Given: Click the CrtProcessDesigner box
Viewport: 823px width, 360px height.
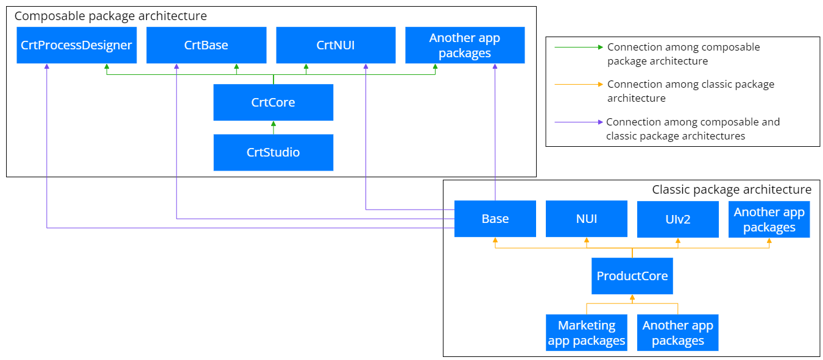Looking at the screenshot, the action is point(76,45).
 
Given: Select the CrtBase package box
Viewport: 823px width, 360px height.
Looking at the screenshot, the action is point(206,45).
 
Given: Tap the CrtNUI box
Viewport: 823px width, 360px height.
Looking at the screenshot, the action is point(336,45).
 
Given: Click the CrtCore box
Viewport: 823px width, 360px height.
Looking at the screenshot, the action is point(274,102).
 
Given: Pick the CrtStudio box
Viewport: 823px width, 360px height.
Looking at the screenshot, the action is point(274,152).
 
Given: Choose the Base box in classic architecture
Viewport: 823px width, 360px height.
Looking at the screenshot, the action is point(495,219).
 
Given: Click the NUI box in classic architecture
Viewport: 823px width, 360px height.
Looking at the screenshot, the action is point(587,219).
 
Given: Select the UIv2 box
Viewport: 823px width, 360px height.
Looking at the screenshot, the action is point(678,219).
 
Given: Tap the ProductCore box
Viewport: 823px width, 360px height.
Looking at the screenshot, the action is point(632,276).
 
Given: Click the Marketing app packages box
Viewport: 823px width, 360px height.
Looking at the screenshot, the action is point(587,333).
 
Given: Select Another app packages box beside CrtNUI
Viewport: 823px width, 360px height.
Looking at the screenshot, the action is point(465,45).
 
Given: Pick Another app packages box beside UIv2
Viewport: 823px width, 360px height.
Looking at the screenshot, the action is point(769,219).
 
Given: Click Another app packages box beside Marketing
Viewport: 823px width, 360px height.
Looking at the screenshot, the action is point(678,333).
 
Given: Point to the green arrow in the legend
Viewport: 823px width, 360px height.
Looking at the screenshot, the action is point(579,47).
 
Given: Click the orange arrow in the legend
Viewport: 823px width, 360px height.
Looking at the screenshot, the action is point(579,85).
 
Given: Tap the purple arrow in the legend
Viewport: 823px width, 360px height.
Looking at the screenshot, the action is point(579,122).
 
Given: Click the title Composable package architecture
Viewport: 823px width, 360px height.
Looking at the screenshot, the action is point(111,16).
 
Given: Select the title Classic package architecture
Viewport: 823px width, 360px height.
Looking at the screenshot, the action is point(732,189).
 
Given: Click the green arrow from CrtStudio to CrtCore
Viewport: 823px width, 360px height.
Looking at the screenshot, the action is point(274,127).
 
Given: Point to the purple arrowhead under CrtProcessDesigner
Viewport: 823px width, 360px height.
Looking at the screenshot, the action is point(47,66).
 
